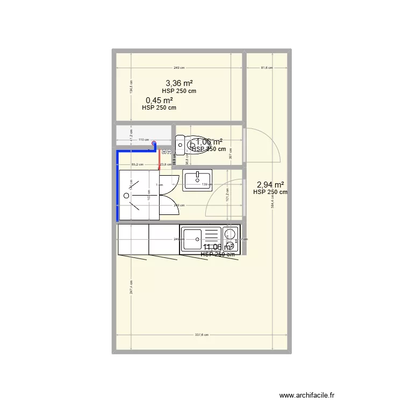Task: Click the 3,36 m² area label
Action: (179, 83)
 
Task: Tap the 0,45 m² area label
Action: (159, 100)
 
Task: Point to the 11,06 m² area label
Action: (218, 247)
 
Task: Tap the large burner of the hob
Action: (230, 233)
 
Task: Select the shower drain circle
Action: (127, 196)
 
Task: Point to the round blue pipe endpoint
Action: (154, 143)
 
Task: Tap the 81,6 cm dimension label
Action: (267, 68)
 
